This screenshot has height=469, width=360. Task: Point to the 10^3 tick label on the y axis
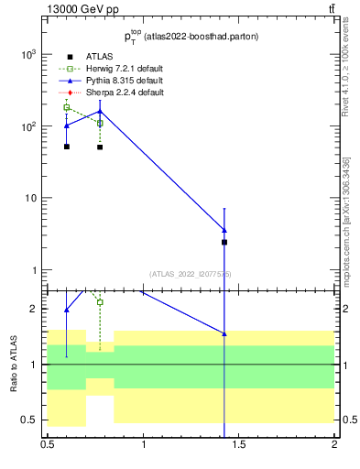[28, 54]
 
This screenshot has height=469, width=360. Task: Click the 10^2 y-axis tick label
[28, 126]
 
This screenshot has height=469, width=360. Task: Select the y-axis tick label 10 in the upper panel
[31, 199]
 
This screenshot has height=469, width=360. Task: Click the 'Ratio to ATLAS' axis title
[14, 365]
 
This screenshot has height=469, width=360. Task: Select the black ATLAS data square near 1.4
[224, 242]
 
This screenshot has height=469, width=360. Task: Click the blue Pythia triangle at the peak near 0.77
[100, 112]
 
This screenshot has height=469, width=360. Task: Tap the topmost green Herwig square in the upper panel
[67, 107]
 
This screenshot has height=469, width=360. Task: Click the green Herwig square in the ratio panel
[100, 301]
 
